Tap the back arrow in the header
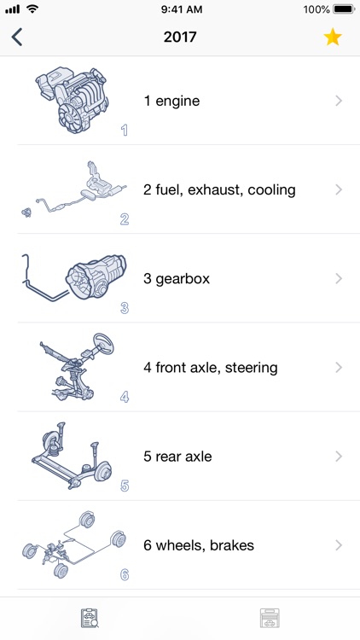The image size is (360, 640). coord(17,38)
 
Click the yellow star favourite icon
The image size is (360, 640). coord(333,38)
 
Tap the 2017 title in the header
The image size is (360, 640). coord(180,38)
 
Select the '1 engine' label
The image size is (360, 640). coord(171,101)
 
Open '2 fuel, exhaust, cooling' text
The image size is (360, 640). coord(219,189)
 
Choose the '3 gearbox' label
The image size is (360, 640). coord(177,278)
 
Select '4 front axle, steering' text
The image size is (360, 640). coord(211,368)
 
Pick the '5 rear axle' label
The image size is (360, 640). coord(177,457)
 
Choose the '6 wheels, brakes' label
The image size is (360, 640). coord(199,545)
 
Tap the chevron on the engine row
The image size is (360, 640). coord(339,101)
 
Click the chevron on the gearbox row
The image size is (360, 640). coord(339,278)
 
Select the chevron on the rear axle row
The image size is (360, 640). coord(339,457)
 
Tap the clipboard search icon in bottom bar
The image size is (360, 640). coord(90,619)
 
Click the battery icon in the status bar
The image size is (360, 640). coord(343,9)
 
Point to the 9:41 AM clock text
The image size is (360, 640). coord(180,9)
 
